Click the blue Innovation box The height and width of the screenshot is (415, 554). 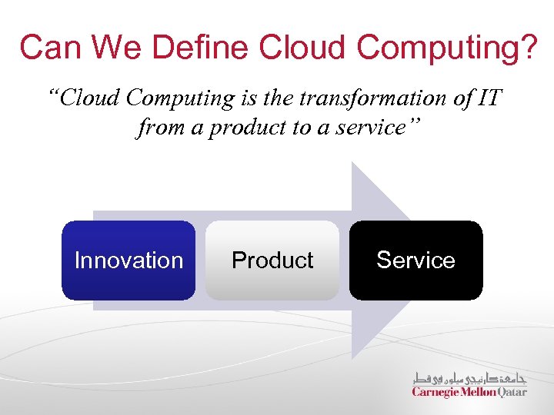click(128, 261)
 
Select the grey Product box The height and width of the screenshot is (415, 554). click(272, 261)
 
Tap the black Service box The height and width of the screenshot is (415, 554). click(415, 261)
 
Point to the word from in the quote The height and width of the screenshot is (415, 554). click(160, 128)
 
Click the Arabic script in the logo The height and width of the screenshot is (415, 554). click(469, 378)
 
